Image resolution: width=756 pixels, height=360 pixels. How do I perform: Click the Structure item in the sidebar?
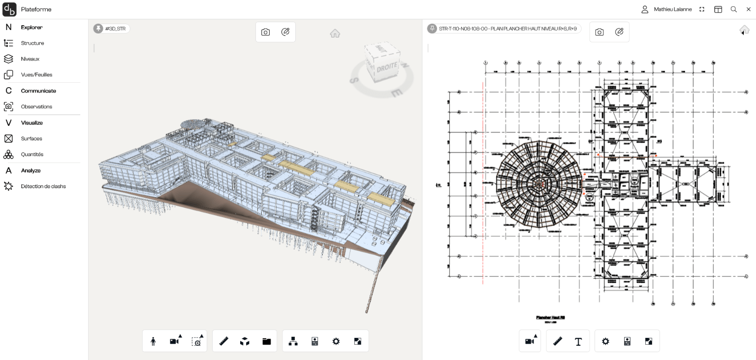pyautogui.click(x=32, y=43)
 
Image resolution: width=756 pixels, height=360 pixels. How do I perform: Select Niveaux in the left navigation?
pyautogui.click(x=30, y=59)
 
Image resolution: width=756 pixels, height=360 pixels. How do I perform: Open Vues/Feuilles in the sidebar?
pyautogui.click(x=36, y=75)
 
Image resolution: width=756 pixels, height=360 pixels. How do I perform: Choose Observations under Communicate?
pyautogui.click(x=36, y=107)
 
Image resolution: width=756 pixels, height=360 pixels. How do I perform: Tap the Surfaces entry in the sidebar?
pyautogui.click(x=31, y=139)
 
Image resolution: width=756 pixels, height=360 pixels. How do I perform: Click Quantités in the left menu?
pyautogui.click(x=32, y=155)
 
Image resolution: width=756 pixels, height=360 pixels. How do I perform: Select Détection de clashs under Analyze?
pyautogui.click(x=43, y=187)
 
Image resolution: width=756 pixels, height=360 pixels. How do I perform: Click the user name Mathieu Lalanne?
pyautogui.click(x=672, y=9)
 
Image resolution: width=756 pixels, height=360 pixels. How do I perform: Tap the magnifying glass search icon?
pyautogui.click(x=733, y=9)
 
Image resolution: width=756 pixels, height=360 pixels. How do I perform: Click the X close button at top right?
pyautogui.click(x=748, y=9)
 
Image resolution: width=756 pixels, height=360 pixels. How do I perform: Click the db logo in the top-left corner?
pyautogui.click(x=9, y=9)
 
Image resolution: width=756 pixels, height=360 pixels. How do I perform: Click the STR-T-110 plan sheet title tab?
pyautogui.click(x=504, y=29)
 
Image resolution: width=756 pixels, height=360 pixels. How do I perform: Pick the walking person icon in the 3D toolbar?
pyautogui.click(x=153, y=341)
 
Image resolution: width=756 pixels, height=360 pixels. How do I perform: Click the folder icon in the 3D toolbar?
pyautogui.click(x=266, y=341)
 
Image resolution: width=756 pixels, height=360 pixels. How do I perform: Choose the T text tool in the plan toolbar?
pyautogui.click(x=578, y=341)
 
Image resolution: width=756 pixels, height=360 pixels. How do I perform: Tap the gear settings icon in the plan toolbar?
pyautogui.click(x=605, y=341)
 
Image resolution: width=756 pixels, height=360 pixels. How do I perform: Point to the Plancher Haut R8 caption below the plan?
pyautogui.click(x=550, y=318)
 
